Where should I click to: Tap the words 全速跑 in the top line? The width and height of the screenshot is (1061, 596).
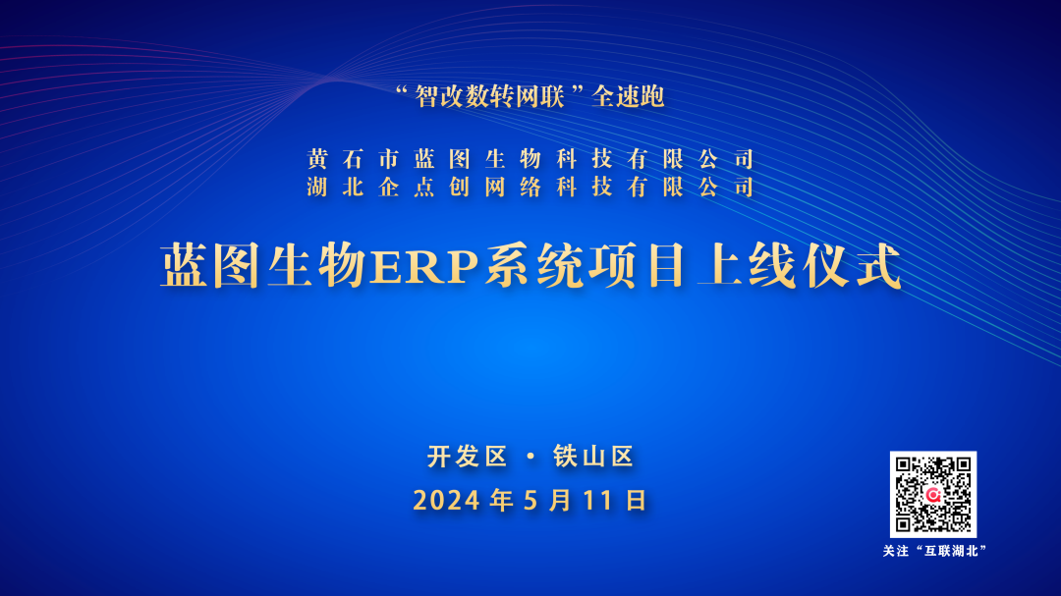click(x=628, y=97)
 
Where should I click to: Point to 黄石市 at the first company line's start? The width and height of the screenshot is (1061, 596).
click(x=354, y=159)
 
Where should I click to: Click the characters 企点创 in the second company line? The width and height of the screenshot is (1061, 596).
click(x=424, y=187)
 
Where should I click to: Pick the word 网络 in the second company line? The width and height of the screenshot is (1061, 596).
click(x=513, y=187)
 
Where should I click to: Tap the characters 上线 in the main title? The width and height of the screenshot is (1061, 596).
click(x=747, y=266)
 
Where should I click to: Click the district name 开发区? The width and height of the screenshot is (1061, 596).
click(x=467, y=457)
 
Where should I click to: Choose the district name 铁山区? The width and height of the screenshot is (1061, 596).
click(x=593, y=457)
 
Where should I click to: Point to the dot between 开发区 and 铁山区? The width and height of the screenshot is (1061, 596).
click(x=530, y=457)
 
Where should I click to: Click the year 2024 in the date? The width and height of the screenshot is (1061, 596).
click(x=447, y=501)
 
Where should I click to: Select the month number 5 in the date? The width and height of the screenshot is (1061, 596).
click(x=531, y=501)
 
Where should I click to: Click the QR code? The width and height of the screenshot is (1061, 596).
click(x=933, y=495)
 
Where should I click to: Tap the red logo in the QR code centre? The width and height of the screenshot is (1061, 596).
click(x=934, y=495)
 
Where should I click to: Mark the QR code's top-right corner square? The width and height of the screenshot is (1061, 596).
click(x=962, y=465)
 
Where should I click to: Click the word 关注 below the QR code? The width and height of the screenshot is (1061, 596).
click(x=896, y=552)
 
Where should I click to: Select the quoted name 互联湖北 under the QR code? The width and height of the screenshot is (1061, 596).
click(x=952, y=552)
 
